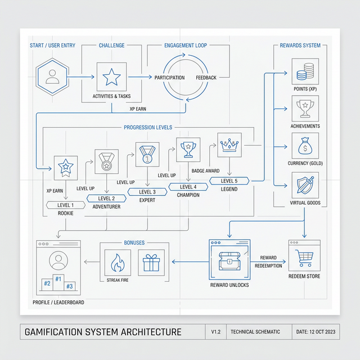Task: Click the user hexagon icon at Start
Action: (x=53, y=77)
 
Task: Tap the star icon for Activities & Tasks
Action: (x=111, y=76)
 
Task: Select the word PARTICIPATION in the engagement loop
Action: (x=169, y=78)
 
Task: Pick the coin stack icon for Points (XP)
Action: (x=305, y=72)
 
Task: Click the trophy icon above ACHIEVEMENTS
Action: (x=305, y=106)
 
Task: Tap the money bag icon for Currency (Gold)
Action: (x=305, y=145)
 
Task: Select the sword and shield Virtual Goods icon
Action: (x=305, y=184)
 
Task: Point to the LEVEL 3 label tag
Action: (x=146, y=192)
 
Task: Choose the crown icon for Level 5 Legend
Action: (x=229, y=145)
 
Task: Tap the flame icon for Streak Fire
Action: (x=117, y=263)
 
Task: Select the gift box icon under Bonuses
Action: (x=151, y=263)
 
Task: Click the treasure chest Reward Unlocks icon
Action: (x=229, y=260)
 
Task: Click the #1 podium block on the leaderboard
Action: (x=58, y=279)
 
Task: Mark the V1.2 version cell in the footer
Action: (x=216, y=331)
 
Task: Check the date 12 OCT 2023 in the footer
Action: (x=316, y=331)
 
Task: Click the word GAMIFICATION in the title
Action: (x=61, y=331)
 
